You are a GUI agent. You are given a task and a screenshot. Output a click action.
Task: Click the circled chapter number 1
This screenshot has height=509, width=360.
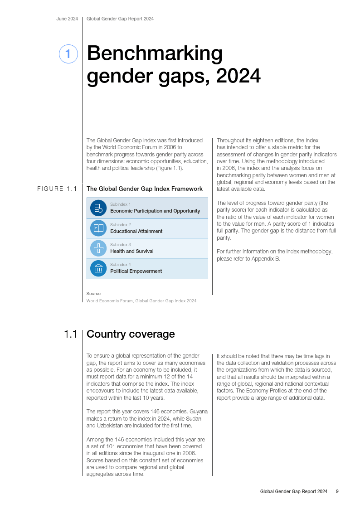tap(68, 54)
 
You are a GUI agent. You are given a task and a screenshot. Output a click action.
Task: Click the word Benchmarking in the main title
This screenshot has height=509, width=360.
tap(155, 53)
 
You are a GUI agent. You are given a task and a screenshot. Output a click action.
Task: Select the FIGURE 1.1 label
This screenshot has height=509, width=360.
tap(57, 189)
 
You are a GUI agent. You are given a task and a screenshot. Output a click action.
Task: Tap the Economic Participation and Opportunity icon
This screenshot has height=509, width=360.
tap(98, 208)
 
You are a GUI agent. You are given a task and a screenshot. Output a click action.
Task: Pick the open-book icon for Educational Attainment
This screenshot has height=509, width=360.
tap(98, 228)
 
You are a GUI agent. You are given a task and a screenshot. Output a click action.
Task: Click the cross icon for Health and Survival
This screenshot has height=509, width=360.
tap(98, 248)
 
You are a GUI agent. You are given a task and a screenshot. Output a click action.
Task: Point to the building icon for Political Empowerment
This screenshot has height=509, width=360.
tap(98, 268)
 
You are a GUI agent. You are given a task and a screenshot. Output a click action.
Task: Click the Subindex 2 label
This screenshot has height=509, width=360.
tap(120, 225)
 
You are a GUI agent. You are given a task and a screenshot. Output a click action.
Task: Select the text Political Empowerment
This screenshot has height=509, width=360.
tap(136, 271)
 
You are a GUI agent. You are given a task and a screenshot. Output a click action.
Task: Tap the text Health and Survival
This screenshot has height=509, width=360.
tap(132, 251)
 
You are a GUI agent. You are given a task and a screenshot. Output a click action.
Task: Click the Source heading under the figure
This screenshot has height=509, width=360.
tap(93, 294)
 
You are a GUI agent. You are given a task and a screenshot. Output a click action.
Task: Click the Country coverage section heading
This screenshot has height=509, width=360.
tap(131, 334)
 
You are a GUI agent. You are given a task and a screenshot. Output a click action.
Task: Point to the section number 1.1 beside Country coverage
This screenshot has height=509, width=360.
tap(70, 334)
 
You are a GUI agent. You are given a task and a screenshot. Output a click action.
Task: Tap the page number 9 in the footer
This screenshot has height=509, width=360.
tap(337, 491)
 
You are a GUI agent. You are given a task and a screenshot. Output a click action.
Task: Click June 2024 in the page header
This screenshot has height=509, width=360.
tap(67, 19)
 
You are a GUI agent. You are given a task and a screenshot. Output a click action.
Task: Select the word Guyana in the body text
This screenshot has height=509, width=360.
tap(199, 412)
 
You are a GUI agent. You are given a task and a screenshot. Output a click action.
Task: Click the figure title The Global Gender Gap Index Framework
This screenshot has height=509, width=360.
tap(145, 189)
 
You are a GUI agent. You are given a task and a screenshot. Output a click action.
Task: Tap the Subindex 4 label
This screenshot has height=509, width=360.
tap(120, 265)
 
